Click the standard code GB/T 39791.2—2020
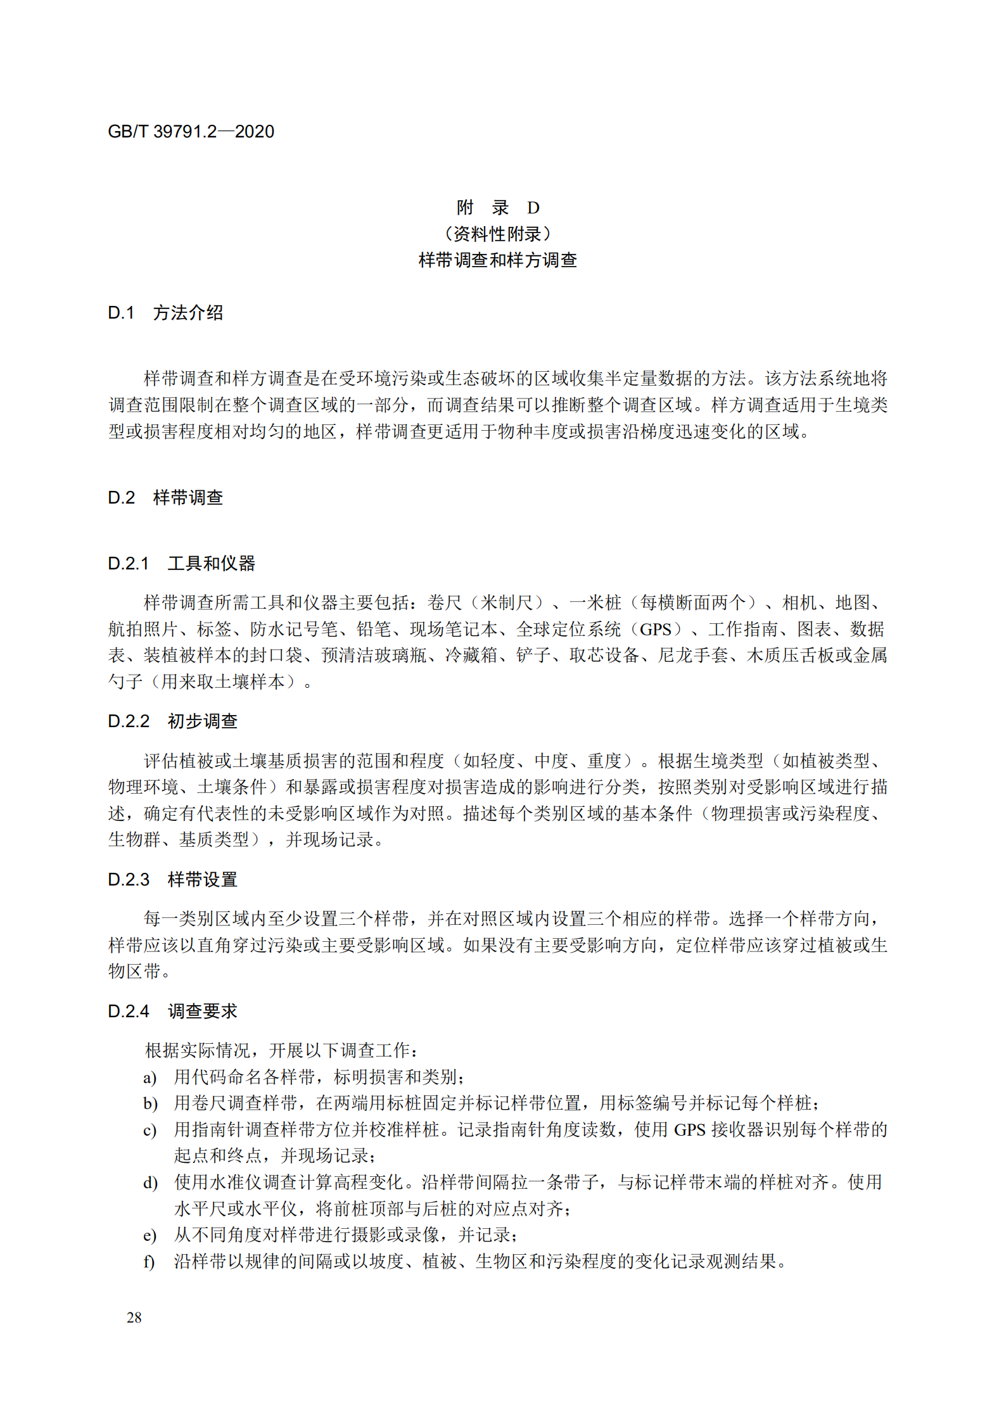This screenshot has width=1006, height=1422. click(x=191, y=132)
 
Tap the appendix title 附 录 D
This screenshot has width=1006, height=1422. click(x=498, y=207)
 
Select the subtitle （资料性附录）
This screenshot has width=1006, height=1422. click(x=498, y=234)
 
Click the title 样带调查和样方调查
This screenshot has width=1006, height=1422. click(x=498, y=260)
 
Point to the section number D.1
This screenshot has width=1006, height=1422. click(x=121, y=312)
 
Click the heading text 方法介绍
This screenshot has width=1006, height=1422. click(x=188, y=312)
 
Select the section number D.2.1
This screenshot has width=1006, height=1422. click(x=129, y=563)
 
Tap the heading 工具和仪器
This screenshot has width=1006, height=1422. click(x=212, y=563)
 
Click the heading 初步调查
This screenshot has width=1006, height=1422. click(x=203, y=721)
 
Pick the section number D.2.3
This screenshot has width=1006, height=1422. click(x=129, y=879)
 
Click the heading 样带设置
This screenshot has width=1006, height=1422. click(x=203, y=879)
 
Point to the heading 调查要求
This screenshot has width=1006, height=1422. click(x=203, y=1011)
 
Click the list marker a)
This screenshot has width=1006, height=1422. click(x=150, y=1077)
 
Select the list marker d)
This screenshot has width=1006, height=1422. click(x=150, y=1183)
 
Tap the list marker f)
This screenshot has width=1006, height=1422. click(x=149, y=1261)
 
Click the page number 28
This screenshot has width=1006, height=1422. click(x=134, y=1317)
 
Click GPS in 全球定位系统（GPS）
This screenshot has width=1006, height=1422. click(x=655, y=629)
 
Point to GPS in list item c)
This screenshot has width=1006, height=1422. click(x=689, y=1130)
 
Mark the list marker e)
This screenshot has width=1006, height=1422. click(x=150, y=1235)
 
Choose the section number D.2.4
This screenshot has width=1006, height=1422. click(x=129, y=1011)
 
